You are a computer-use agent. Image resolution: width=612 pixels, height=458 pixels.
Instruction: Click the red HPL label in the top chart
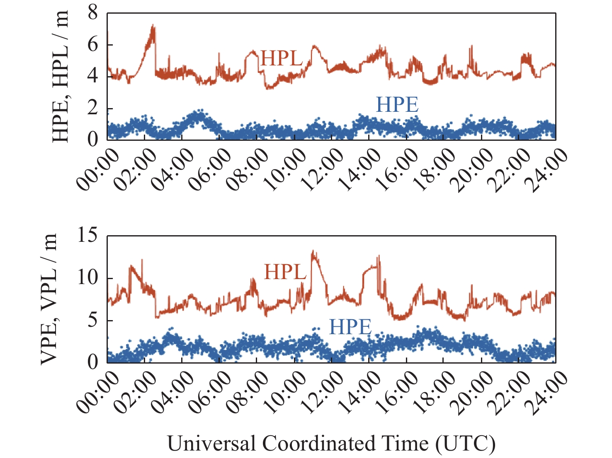282,59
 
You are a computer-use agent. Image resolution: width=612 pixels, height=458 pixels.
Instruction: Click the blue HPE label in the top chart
397,105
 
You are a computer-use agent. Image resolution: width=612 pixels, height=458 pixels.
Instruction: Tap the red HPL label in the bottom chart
285,272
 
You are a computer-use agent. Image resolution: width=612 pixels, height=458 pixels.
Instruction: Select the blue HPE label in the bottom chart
350,328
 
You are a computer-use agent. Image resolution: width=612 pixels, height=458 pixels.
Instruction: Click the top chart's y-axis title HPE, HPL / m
61,77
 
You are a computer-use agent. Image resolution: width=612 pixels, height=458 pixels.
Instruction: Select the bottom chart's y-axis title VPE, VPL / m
49,299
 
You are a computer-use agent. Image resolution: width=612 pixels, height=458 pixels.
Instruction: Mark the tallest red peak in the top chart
153,26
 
